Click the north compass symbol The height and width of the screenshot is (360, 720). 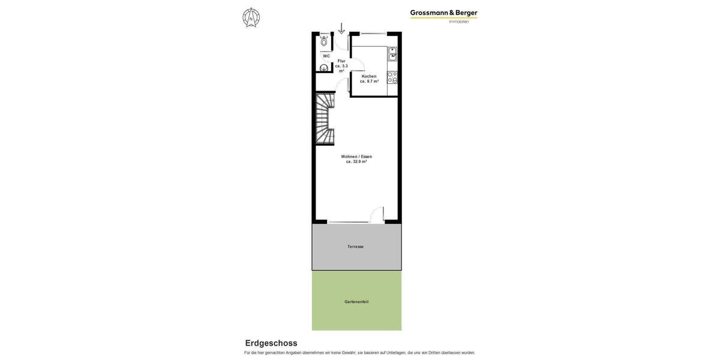251,17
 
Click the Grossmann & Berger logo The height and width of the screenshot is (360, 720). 443,13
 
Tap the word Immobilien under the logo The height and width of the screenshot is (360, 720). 459,22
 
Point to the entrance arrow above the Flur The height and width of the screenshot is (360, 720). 341,28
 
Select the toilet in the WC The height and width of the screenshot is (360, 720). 324,41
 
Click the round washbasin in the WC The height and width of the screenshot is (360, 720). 324,68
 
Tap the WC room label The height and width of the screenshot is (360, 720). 326,56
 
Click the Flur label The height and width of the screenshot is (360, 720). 341,61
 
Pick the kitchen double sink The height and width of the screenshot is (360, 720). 392,54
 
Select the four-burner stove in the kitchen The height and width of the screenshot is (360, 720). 392,77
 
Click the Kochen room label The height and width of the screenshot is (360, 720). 369,76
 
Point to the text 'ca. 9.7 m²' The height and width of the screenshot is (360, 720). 369,82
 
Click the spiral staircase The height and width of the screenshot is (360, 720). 325,118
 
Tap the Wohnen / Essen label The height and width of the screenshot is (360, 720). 356,157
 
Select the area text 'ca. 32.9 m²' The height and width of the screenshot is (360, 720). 356,162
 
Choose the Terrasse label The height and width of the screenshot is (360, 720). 355,247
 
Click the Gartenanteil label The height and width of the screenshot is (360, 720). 356,302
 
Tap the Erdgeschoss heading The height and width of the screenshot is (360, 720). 271,343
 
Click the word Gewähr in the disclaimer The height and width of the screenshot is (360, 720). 348,353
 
